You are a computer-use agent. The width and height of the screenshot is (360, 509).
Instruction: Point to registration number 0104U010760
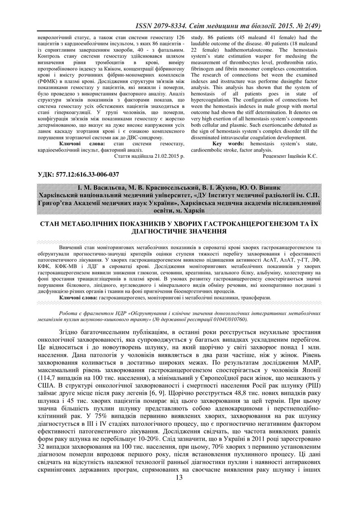[x=224, y=319]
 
